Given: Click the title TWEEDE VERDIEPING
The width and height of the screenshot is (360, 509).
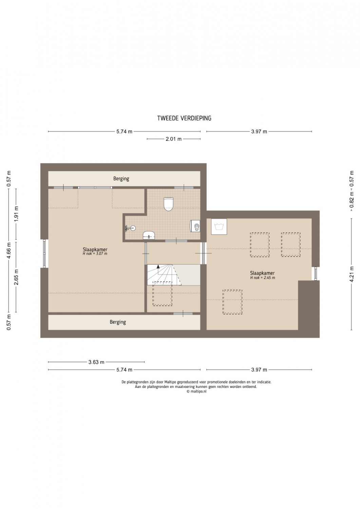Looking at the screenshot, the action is [184, 118].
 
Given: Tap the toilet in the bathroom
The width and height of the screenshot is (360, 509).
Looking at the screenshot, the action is [168, 204].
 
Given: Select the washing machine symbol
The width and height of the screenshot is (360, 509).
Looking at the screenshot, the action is [219, 227].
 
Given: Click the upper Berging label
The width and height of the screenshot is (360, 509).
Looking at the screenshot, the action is [121, 178].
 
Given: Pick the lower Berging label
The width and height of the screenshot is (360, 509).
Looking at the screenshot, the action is [118, 322].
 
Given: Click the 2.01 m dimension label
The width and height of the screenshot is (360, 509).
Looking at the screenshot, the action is [174, 139].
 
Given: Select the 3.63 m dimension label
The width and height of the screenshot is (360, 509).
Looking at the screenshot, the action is [96, 362].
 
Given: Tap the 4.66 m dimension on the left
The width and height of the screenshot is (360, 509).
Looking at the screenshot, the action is [9, 251].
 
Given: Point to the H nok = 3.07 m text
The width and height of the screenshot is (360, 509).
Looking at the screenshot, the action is [95, 253].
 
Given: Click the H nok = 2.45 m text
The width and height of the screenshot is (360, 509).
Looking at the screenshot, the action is [263, 278].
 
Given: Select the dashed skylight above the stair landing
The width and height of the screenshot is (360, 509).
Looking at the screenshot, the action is [162, 294].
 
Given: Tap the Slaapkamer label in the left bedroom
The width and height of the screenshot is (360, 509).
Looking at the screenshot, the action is [95, 249].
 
